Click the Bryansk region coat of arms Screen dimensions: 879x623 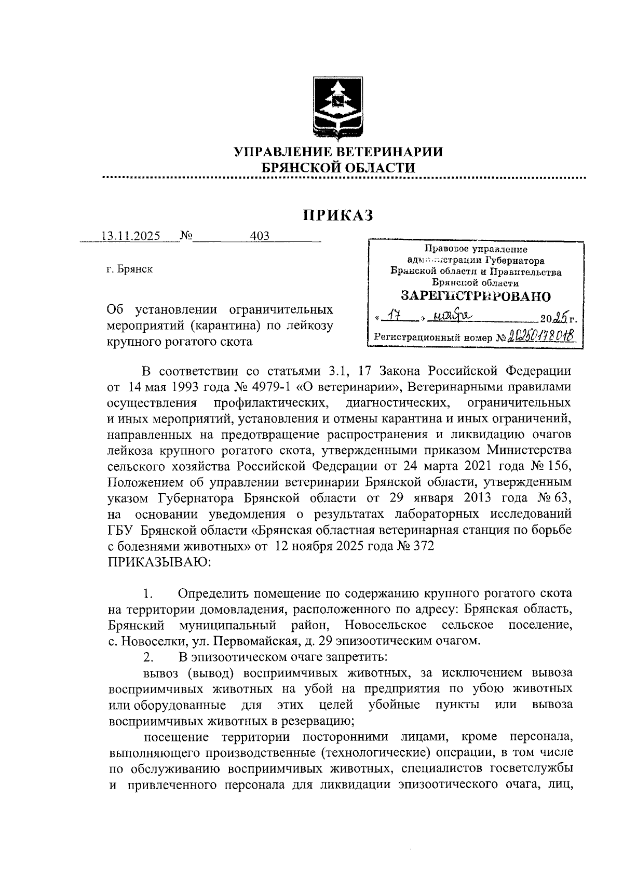coord(338,109)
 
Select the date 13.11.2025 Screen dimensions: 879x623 coord(131,236)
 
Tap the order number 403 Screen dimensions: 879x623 coord(260,236)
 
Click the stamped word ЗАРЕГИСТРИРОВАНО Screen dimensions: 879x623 coord(475,296)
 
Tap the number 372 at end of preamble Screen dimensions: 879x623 coord(421,547)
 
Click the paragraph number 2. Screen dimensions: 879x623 coord(147,657)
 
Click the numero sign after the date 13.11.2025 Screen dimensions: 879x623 coord(185,236)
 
